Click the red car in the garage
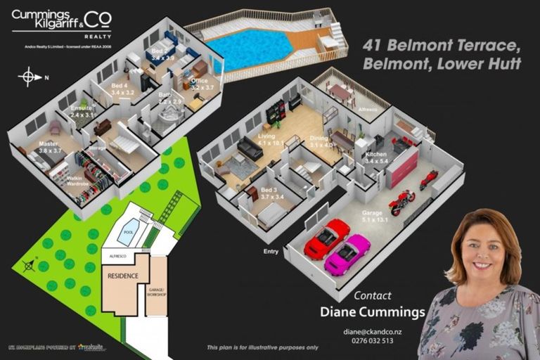[x=327, y=238]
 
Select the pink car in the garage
[x=348, y=255]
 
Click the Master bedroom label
[x=49, y=145]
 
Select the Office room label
[x=199, y=81]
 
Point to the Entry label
[x=271, y=251]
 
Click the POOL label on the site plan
[x=128, y=231]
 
